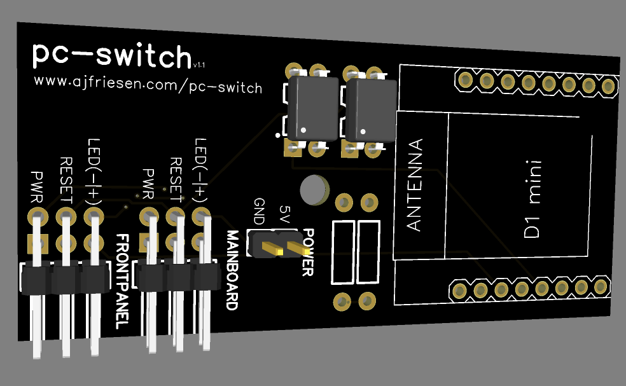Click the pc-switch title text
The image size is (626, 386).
tap(111, 56)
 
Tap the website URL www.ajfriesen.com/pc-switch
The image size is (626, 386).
tap(148, 84)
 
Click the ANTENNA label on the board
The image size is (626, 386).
tap(414, 184)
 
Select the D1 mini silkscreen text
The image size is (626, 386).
tap(532, 199)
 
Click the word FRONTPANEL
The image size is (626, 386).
tap(123, 280)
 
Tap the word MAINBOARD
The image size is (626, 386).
tap(232, 270)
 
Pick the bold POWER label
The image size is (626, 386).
tap(307, 252)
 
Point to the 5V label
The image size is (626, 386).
tap(285, 215)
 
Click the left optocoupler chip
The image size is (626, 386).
tap(312, 109)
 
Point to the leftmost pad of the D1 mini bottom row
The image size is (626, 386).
tap(459, 291)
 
